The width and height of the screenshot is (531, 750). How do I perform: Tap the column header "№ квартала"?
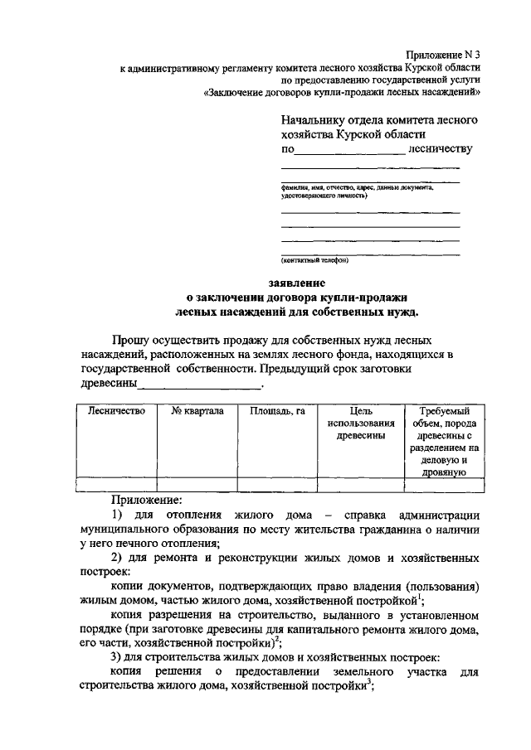point(197,411)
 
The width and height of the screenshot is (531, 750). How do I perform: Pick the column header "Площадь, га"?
point(277,411)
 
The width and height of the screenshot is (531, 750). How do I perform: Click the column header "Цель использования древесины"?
point(359,423)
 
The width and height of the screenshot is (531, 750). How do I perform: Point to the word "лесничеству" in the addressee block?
point(441,149)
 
